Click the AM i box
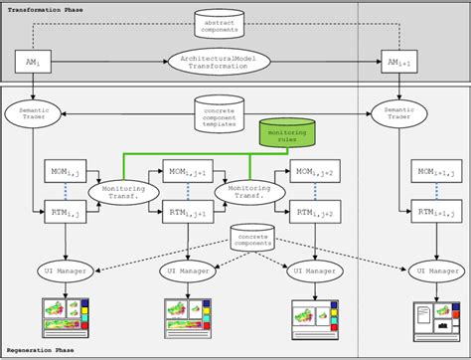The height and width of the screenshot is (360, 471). click(34, 63)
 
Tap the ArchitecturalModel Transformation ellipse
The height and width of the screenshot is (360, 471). click(218, 62)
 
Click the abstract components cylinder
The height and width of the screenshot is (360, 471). click(218, 26)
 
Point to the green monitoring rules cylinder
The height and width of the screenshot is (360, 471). click(286, 134)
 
